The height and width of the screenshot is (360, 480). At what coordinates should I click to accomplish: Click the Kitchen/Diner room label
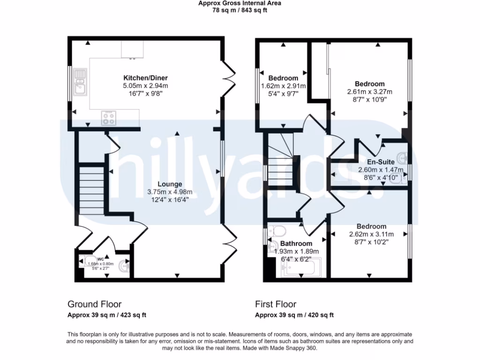[145, 78]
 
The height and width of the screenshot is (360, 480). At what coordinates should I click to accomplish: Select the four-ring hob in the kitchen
[109, 119]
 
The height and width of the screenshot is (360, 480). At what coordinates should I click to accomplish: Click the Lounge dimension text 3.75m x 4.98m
[170, 192]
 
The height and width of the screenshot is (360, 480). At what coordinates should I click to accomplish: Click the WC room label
[100, 259]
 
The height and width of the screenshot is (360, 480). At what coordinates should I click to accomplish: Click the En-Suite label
[381, 162]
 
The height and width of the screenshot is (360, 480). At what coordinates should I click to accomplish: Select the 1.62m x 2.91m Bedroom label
[283, 78]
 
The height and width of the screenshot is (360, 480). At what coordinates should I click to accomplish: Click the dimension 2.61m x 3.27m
[369, 92]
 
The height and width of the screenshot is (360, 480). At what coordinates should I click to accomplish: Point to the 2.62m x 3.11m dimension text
[371, 234]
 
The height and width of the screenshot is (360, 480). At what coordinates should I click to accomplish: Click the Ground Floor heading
[94, 304]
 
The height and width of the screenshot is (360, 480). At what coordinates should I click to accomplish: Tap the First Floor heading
[276, 304]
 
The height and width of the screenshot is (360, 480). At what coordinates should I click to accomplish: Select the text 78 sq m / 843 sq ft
[240, 10]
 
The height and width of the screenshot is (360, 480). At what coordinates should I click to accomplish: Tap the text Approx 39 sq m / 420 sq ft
[294, 315]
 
